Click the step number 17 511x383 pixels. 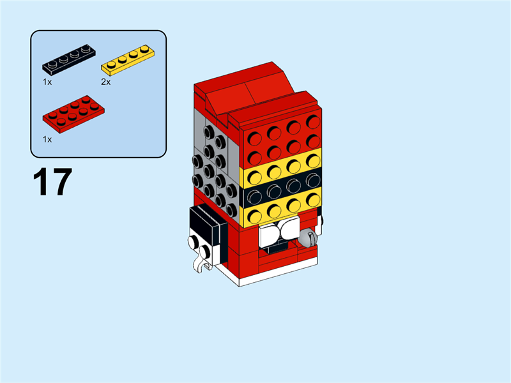pyautogui.click(x=52, y=182)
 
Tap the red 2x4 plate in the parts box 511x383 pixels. pyautogui.click(x=73, y=114)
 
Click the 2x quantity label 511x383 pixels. pyautogui.click(x=105, y=82)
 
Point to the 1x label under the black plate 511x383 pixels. pyautogui.click(x=47, y=82)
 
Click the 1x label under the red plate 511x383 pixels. pyautogui.click(x=47, y=139)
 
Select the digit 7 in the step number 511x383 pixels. pyautogui.click(x=62, y=182)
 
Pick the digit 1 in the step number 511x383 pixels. pyautogui.click(x=42, y=182)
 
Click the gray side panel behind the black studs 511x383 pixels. pyautogui.click(x=199, y=131)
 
